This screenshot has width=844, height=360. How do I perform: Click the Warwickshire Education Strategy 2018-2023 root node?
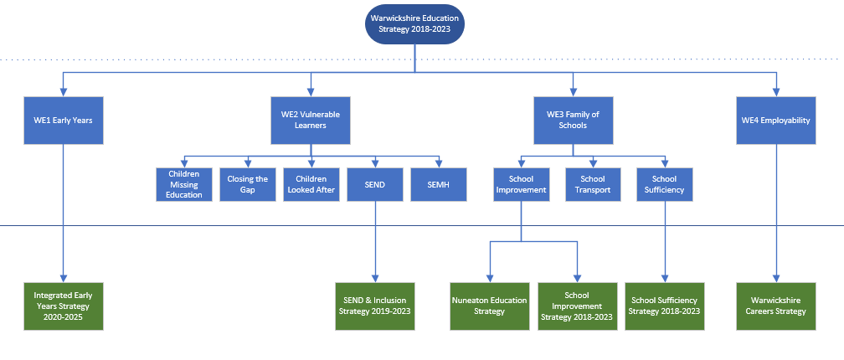point(414,24)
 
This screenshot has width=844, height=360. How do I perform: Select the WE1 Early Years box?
point(64,121)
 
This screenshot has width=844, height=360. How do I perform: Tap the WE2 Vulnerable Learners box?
point(311,121)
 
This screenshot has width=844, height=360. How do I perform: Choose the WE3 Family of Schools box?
point(574,121)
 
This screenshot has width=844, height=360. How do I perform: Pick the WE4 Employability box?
point(776,121)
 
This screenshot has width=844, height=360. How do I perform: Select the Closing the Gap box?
point(248,184)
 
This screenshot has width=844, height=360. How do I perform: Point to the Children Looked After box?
point(311,184)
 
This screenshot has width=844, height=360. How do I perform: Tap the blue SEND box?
point(375,184)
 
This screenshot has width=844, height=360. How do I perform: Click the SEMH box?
point(438,184)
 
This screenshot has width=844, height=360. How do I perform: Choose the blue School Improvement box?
point(521,184)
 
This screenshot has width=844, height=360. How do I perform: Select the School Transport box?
point(593,184)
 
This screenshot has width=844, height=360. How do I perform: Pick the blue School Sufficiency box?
point(665,184)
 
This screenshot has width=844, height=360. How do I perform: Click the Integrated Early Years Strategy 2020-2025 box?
point(64,306)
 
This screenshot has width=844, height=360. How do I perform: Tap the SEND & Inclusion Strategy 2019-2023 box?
point(375,306)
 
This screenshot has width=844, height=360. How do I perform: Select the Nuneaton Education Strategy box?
point(490,306)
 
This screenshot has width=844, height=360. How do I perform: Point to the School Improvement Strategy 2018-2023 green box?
point(577,306)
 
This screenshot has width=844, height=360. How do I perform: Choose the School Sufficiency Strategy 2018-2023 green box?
point(665,306)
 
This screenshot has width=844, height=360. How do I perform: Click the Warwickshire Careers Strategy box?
point(776,306)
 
